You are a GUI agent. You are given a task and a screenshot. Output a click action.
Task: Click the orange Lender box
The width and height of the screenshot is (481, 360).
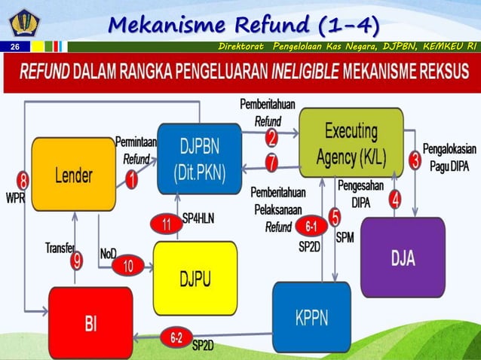pos(73,174)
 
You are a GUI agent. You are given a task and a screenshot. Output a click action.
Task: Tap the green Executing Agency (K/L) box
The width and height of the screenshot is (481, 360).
pos(351,142)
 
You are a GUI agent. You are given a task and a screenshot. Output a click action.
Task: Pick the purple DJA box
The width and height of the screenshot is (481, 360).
pos(402,258)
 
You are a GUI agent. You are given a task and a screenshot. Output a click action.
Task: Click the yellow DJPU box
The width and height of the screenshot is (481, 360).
pos(195,278)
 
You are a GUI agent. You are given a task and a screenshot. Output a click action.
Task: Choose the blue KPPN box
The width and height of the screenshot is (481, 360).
pos(311,316)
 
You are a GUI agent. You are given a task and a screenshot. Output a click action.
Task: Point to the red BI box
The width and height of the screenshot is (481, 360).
pos(90,325)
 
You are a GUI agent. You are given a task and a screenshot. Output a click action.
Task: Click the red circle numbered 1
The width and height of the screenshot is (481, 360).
pos(131,180)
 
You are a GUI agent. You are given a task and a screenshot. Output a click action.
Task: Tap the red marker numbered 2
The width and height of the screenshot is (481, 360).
pos(271,136)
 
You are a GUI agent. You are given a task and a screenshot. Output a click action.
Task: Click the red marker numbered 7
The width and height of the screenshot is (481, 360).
pos(271,161)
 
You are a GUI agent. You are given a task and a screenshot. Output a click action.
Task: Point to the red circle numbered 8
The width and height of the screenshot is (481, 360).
pos(23,182)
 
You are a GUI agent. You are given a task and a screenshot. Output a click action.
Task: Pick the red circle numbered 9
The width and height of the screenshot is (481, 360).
pos(76,261)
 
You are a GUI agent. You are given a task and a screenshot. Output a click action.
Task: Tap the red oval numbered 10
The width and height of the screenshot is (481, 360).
pos(129,265)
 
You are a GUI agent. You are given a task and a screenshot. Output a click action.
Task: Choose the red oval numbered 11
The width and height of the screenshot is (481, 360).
pos(166,224)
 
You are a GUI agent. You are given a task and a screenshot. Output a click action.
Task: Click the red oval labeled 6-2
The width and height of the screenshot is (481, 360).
pos(176,338)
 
